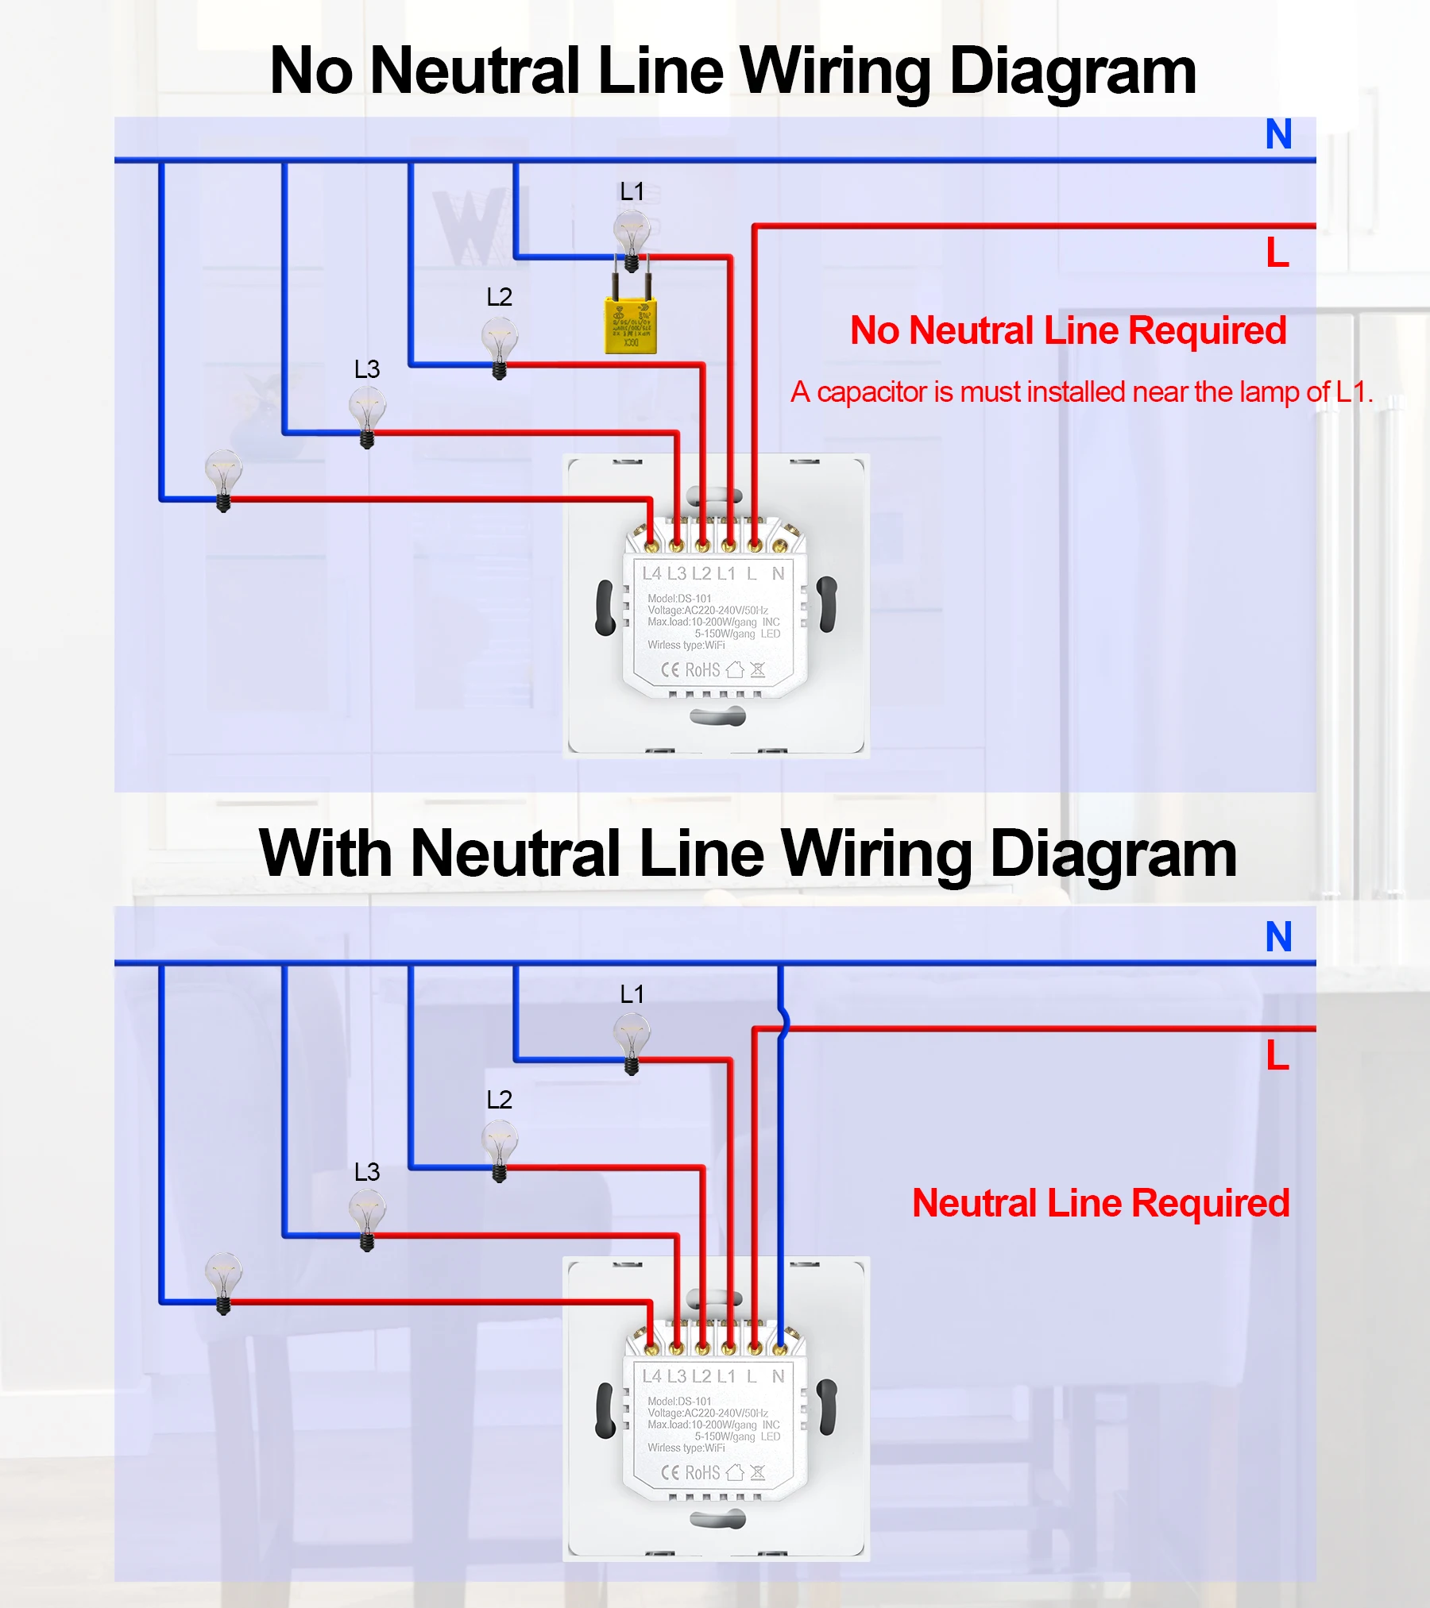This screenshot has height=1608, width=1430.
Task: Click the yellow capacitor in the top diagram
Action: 630,326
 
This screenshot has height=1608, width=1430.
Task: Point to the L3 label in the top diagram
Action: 367,369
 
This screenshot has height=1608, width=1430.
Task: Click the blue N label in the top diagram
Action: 1278,134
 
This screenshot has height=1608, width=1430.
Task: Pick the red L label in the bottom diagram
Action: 1277,1056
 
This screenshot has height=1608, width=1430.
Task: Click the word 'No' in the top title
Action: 311,71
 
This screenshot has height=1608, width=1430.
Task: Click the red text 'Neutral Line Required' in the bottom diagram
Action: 1100,1203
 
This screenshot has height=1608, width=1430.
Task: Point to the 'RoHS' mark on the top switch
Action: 702,670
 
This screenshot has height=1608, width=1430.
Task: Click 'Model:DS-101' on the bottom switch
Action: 679,1402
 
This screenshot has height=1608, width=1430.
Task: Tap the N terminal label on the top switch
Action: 778,573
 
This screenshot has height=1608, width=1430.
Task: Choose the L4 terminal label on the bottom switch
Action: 651,1376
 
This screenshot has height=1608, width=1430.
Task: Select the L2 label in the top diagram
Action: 500,297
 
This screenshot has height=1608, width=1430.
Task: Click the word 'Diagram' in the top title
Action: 1072,71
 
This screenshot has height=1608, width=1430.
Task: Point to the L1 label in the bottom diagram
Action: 632,994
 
